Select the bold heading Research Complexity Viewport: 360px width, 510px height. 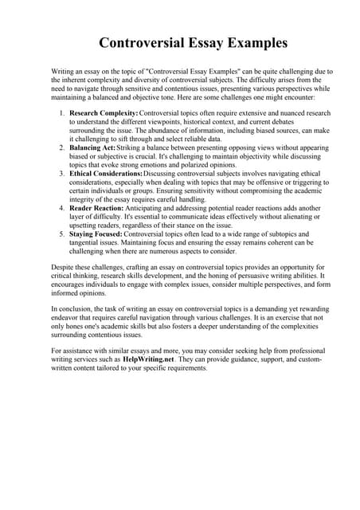104,113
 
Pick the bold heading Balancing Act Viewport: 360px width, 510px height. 92,147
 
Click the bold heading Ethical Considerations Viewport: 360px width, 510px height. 107,173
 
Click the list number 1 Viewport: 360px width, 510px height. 61,113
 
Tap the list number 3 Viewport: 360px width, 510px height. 61,173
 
